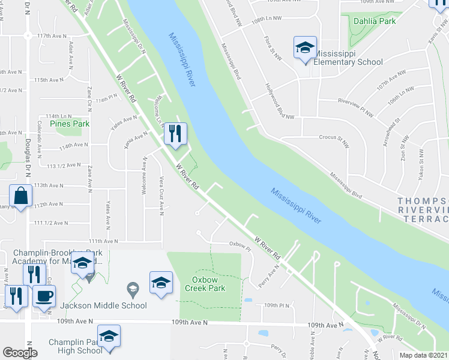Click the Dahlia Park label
[x=375, y=21]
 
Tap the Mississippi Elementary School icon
[x=305, y=48]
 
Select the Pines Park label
[x=70, y=124]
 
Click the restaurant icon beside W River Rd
[x=175, y=134]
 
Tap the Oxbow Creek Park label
[x=208, y=284]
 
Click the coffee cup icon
[x=44, y=295]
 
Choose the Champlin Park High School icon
[x=109, y=337]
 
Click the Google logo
[x=20, y=353]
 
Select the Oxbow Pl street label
[x=238, y=244]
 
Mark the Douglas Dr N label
[x=28, y=157]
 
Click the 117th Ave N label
[x=52, y=36]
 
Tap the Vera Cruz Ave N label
[x=161, y=196]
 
